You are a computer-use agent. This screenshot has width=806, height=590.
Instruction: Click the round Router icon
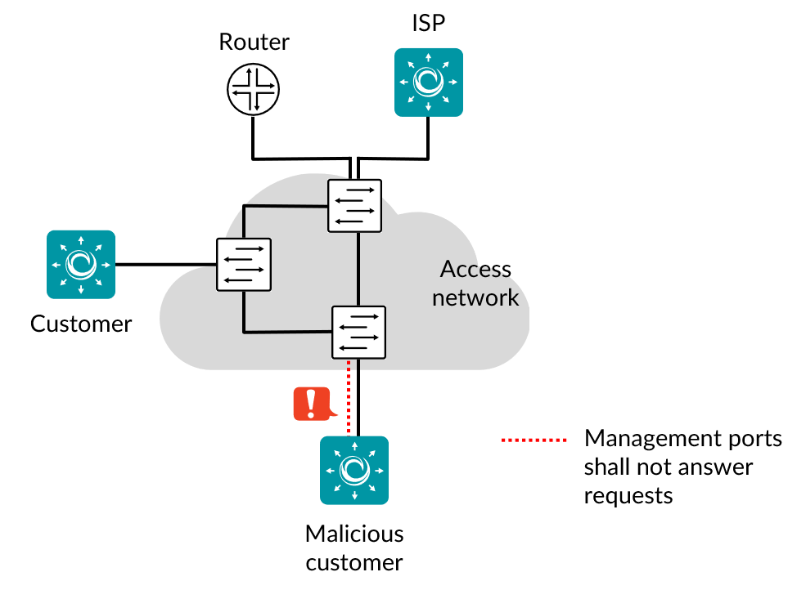point(254,89)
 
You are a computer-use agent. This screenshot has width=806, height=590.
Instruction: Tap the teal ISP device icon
point(428,82)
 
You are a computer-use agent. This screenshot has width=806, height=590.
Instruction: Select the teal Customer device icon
point(81,264)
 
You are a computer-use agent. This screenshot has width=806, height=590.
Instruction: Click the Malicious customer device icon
point(354,470)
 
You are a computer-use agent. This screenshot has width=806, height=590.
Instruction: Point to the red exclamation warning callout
point(312,404)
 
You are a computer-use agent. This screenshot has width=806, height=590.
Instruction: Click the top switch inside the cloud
point(354,206)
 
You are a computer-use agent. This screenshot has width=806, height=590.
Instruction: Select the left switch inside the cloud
point(243,264)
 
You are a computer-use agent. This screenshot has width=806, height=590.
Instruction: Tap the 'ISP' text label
point(428,23)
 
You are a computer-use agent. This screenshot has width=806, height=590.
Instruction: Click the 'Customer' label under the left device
point(81,324)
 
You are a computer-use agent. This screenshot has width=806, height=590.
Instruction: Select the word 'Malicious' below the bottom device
point(354,534)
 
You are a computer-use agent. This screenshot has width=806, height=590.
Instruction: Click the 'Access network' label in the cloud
point(475,283)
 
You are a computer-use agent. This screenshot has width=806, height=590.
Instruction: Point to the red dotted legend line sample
point(534,440)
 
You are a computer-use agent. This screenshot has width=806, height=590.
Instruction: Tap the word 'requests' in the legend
point(628,495)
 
